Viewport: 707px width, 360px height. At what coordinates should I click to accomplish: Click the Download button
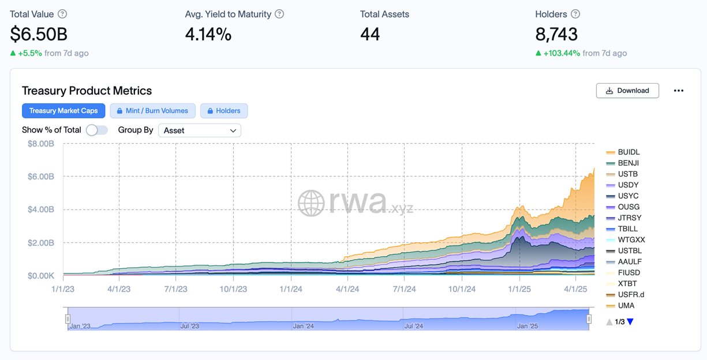coord(627,91)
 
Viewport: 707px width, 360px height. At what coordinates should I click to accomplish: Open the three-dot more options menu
coord(679,91)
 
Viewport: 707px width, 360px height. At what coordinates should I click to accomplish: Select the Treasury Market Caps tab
coord(63,111)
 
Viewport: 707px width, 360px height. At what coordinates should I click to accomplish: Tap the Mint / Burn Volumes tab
coord(152,111)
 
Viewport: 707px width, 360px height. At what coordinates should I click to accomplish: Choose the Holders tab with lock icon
coord(224,111)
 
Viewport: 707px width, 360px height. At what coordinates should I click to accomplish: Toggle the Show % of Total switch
coord(96,130)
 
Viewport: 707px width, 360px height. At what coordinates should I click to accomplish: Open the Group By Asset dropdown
coord(199,130)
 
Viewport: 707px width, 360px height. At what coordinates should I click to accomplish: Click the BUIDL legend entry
coord(629,152)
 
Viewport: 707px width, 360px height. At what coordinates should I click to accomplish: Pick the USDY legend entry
coord(628,185)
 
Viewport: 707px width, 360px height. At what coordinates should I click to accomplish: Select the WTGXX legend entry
coord(631,240)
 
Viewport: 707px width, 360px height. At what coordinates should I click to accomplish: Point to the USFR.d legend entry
coord(631,295)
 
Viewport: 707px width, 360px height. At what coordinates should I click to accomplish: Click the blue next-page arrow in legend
coord(630,322)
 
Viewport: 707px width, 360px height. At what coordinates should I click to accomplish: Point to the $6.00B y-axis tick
coord(41,177)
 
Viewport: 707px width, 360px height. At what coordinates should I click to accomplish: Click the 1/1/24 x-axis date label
coord(291,288)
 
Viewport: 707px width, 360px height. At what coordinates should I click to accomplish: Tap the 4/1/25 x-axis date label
coord(575,288)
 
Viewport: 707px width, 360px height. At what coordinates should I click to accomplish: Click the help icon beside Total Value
coord(62,14)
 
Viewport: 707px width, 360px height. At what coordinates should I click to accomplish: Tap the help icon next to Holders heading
coord(575,14)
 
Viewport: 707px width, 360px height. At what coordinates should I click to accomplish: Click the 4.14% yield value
coord(208,35)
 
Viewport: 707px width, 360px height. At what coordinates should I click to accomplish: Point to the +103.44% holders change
coord(562,53)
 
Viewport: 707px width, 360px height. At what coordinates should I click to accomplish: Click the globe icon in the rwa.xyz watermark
coord(311,203)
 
